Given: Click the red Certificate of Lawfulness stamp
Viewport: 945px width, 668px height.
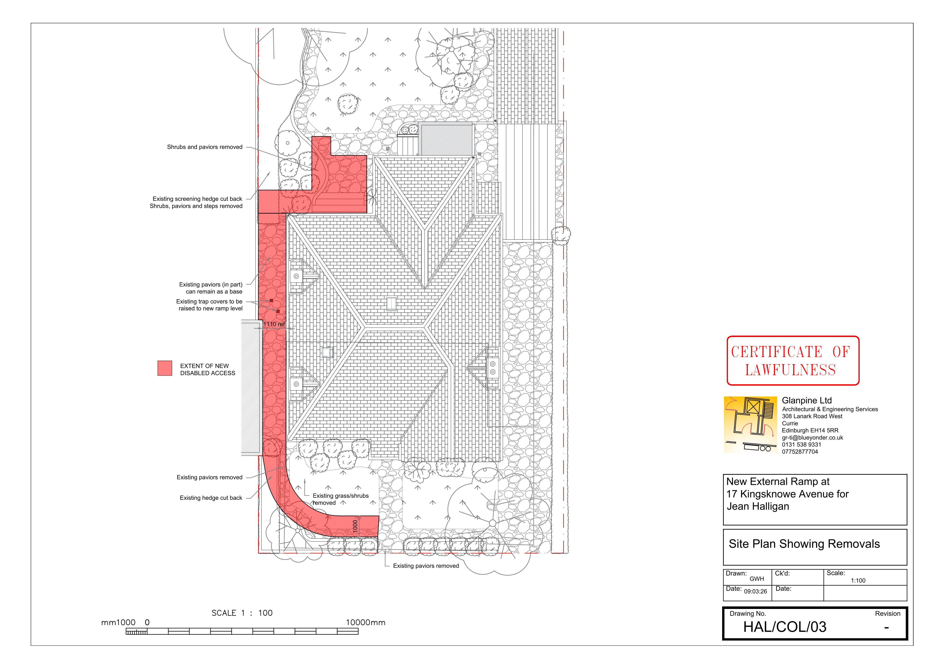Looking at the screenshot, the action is (793, 361).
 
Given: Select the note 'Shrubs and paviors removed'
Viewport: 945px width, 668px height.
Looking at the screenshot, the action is (205, 147).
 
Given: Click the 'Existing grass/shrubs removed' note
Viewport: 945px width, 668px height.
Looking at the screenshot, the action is (340, 499).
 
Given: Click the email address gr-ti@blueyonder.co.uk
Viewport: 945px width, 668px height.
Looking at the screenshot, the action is (813, 438).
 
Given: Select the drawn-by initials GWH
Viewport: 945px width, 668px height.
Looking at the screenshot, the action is (757, 579).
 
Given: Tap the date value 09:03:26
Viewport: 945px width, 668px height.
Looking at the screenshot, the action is (755, 591).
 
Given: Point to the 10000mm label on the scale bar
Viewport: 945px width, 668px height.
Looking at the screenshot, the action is (365, 622).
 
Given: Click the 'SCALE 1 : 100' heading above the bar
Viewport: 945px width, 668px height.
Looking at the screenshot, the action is (242, 613).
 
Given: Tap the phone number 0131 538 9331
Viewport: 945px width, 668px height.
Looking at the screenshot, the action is (801, 444).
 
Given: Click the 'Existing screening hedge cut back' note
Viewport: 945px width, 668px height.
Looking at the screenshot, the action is (197, 199).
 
